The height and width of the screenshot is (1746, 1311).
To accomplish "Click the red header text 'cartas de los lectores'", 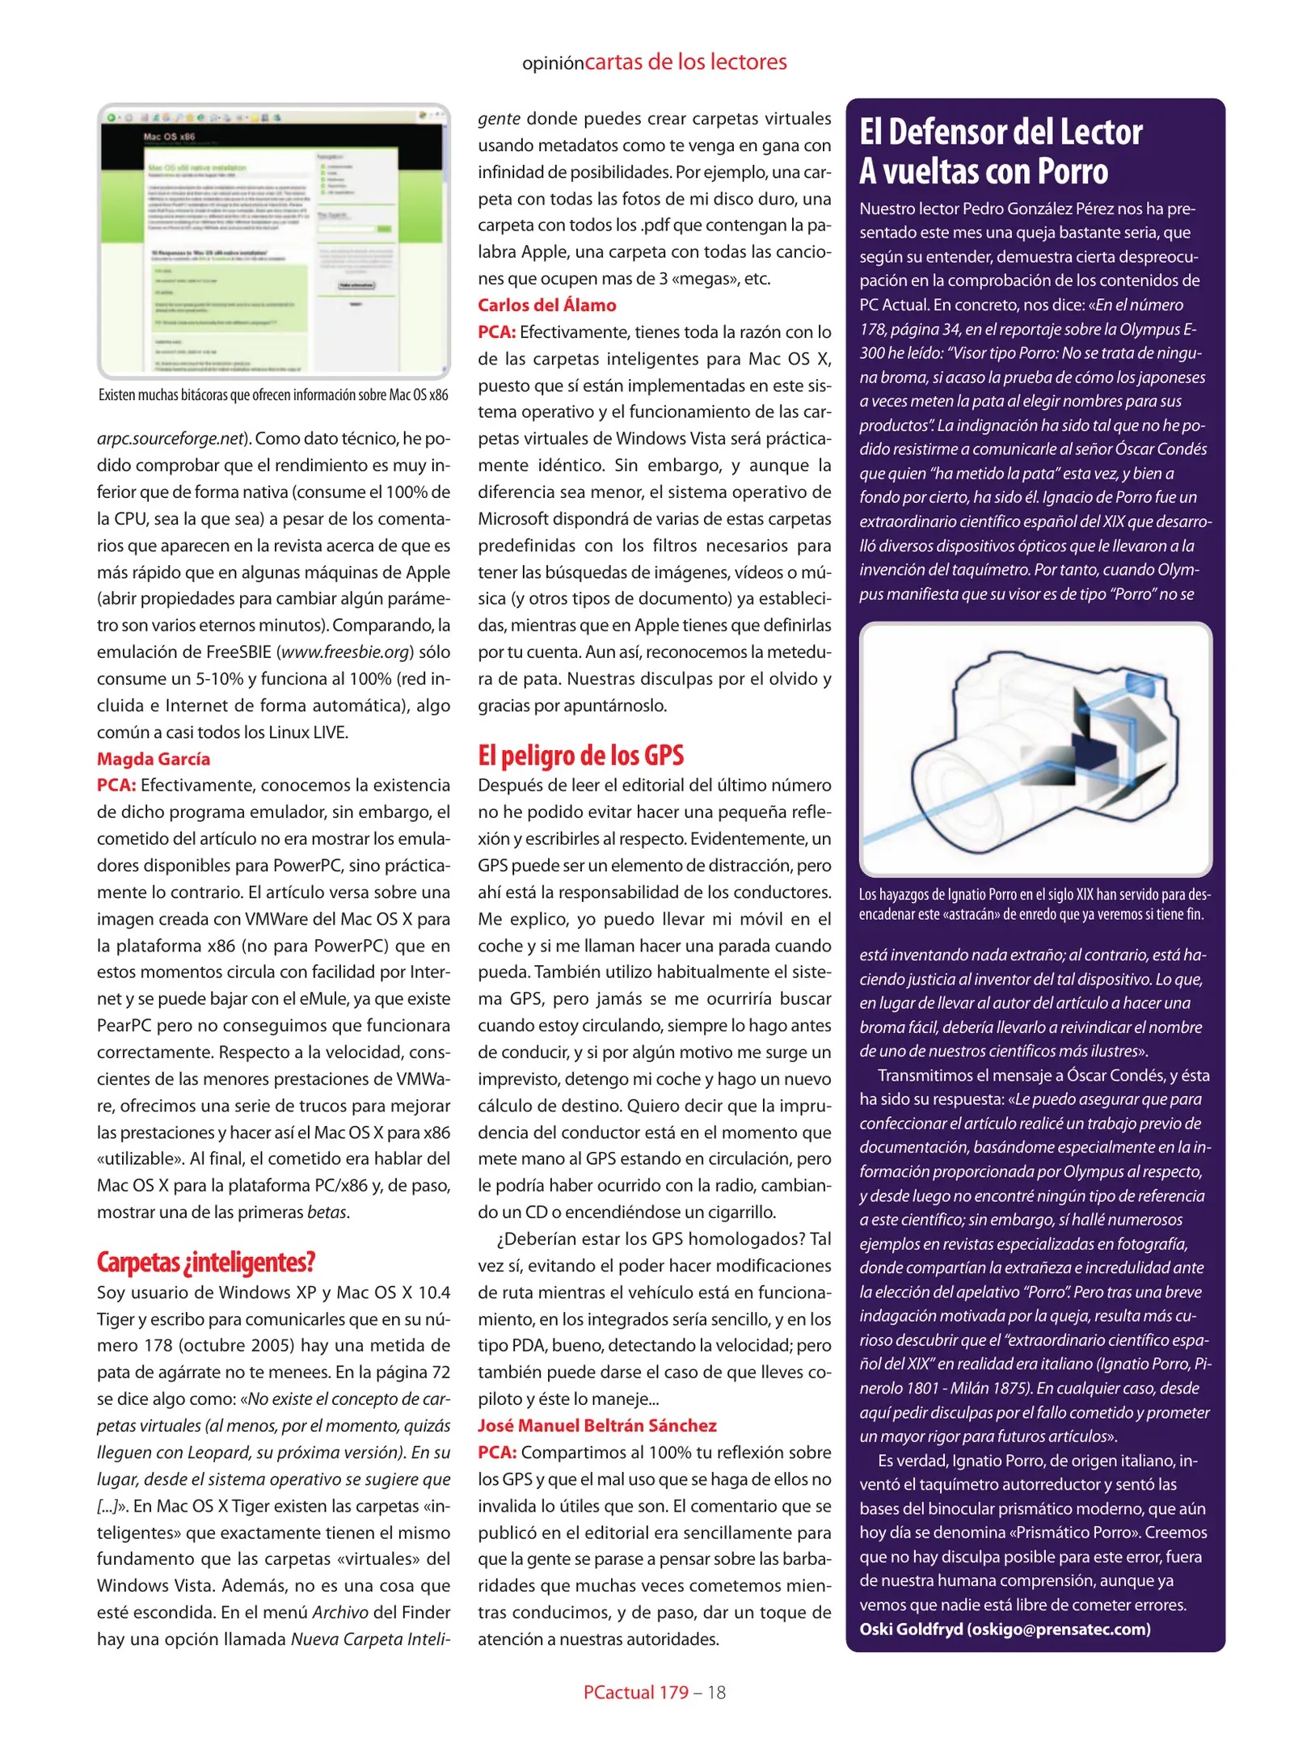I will (x=685, y=62).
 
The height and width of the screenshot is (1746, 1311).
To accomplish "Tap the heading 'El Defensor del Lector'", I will (x=1000, y=133).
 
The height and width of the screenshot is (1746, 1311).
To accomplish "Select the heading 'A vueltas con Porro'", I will (x=983, y=171).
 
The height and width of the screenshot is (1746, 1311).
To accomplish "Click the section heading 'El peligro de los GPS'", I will (x=580, y=755).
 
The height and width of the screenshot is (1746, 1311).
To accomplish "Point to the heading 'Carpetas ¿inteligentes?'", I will (x=205, y=1262).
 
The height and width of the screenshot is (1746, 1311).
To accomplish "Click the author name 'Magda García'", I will (x=154, y=759).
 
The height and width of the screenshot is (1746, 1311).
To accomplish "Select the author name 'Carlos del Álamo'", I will (x=546, y=306).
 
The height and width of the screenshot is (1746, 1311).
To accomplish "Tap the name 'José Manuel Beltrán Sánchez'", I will (x=596, y=1426).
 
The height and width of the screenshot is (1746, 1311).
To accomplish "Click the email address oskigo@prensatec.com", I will (x=1058, y=1629).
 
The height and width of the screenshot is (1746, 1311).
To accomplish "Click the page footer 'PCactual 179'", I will (x=635, y=1693).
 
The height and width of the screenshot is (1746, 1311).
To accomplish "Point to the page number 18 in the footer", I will (x=716, y=1693).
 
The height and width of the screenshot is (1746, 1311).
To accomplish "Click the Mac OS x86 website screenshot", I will (x=273, y=241).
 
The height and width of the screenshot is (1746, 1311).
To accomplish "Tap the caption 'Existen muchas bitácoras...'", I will (x=273, y=395).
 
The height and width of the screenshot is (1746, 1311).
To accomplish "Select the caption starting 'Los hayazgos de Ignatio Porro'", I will (x=1035, y=905).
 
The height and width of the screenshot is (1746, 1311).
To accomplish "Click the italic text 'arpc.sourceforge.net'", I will (x=170, y=439).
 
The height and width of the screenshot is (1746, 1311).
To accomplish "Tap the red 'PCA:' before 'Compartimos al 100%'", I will (x=496, y=1453).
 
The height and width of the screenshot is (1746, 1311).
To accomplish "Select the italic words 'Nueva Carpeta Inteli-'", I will (x=370, y=1639).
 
